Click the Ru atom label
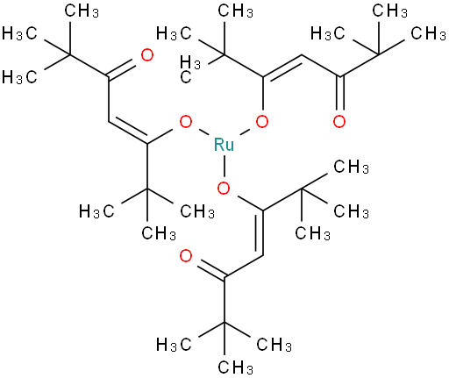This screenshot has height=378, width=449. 224,145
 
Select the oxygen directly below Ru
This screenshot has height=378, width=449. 224,188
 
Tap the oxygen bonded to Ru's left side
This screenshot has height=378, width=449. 186,122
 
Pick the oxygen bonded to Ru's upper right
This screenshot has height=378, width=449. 262,122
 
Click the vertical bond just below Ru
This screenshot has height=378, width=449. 224,167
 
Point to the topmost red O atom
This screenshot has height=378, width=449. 147,55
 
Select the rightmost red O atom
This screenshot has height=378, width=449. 339,122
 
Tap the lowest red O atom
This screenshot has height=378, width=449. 186,256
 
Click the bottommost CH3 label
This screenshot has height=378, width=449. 236,367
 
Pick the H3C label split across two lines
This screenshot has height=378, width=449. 190,69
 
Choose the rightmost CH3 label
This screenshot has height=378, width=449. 428,33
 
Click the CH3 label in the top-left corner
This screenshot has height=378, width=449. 82,11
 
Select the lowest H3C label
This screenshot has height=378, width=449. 174,345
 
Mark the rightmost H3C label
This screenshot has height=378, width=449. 328,33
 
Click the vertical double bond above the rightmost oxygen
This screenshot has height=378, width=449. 339,93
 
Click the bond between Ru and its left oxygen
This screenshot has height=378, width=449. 203,132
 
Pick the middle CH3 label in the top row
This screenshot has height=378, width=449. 236,11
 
